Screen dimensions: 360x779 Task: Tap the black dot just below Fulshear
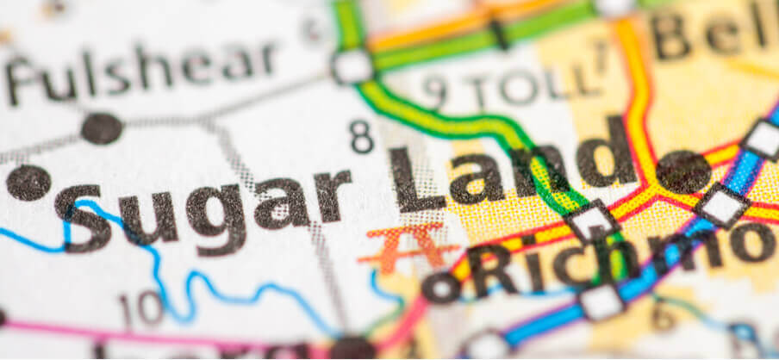coord(101,128)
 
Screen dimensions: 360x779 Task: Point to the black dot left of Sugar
coord(28,183)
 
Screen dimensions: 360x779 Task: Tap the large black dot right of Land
coord(682,172)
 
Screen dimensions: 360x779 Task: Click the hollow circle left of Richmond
coord(441,288)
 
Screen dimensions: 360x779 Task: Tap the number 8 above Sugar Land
coord(361,137)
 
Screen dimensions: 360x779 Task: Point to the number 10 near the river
coord(140,309)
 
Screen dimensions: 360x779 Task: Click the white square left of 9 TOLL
coord(352,66)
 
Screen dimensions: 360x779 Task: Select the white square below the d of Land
coord(593,220)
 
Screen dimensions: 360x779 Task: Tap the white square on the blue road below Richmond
coord(601,302)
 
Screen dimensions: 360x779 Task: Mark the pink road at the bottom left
coord(129,333)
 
